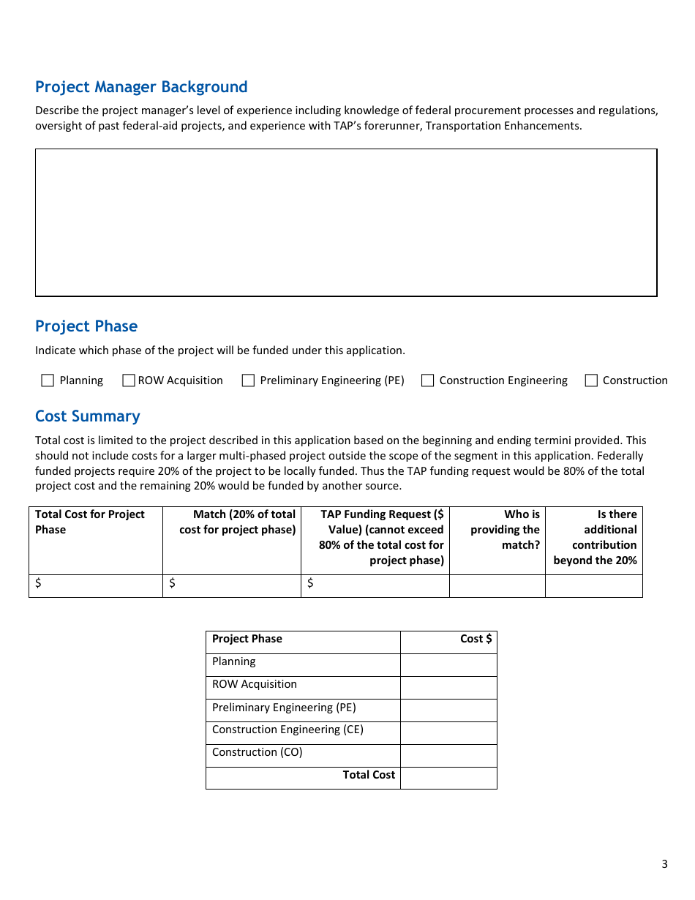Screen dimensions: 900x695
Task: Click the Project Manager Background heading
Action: point(141,87)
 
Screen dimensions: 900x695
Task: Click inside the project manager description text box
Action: point(346,222)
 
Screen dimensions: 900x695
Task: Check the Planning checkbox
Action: point(48,380)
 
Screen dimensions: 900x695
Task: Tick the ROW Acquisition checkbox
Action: point(129,380)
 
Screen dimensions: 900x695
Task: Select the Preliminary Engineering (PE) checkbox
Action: point(248,380)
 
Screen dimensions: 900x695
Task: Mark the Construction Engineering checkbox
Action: point(427,380)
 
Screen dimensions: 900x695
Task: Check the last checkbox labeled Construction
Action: point(591,380)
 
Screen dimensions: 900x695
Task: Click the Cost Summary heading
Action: point(88,416)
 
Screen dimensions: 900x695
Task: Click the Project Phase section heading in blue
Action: point(86,326)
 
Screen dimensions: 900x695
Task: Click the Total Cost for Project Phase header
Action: point(90,522)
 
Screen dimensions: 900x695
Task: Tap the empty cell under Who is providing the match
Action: point(497,586)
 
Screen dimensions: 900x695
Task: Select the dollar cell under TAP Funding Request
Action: point(375,586)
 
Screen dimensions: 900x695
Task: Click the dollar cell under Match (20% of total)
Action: point(232,586)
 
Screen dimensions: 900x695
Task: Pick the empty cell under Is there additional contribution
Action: point(594,586)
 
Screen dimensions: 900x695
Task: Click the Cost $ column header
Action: point(476,639)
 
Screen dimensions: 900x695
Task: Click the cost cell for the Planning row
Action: point(448,665)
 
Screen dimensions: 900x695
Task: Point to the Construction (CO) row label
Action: point(257,752)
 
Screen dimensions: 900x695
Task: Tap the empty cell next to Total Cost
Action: point(448,778)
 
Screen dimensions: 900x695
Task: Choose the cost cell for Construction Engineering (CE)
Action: point(448,733)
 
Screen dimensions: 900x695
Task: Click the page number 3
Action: point(664,864)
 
